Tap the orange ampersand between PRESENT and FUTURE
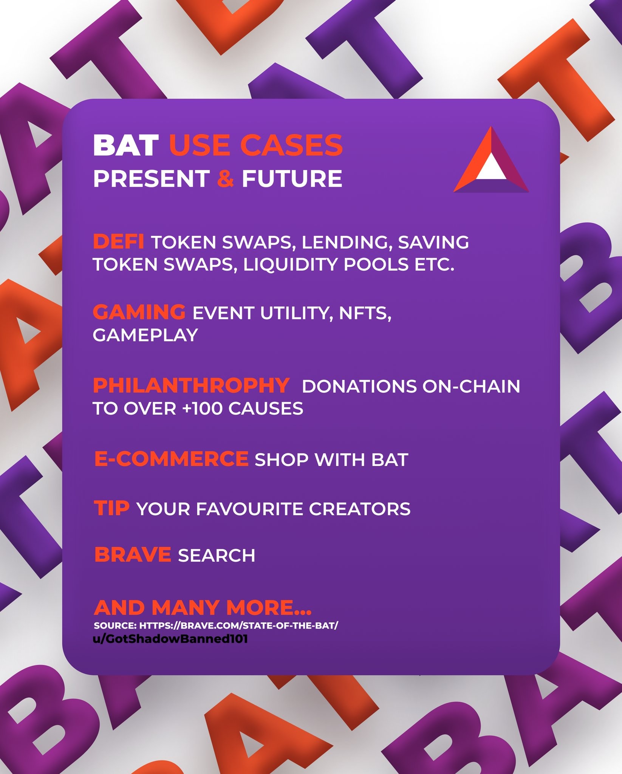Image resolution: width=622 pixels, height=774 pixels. click(226, 178)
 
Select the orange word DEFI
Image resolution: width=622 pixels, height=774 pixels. click(118, 241)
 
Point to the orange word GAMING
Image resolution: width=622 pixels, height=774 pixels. click(139, 312)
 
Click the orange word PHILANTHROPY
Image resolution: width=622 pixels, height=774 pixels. click(191, 385)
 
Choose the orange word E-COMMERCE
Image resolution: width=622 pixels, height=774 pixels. click(171, 459)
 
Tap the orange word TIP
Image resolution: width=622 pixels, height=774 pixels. click(112, 508)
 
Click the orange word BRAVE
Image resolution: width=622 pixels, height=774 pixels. click(133, 554)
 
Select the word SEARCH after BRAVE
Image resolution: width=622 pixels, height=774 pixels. click(217, 555)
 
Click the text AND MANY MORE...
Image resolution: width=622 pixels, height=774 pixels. click(203, 607)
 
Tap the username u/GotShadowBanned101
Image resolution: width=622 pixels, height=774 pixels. click(170, 639)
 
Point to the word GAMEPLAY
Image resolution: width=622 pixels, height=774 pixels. click(145, 335)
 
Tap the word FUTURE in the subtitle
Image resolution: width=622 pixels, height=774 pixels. click(292, 178)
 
